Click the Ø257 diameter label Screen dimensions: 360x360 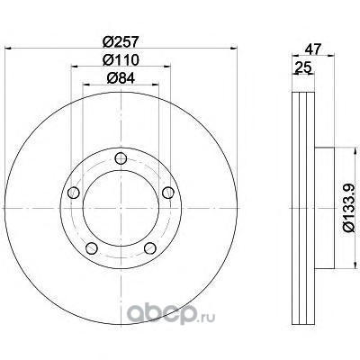click(121, 42)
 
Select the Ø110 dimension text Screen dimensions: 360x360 click(121, 60)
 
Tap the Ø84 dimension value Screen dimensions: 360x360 click(121, 78)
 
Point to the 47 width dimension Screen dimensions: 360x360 click(313, 49)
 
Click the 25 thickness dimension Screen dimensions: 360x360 click(302, 67)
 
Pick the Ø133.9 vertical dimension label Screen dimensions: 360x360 click(349, 208)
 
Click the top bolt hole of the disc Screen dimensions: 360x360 click(121, 158)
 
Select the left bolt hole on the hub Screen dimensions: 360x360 click(74, 193)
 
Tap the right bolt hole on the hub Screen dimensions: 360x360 click(168, 193)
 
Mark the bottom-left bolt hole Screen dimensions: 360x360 click(92, 248)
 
